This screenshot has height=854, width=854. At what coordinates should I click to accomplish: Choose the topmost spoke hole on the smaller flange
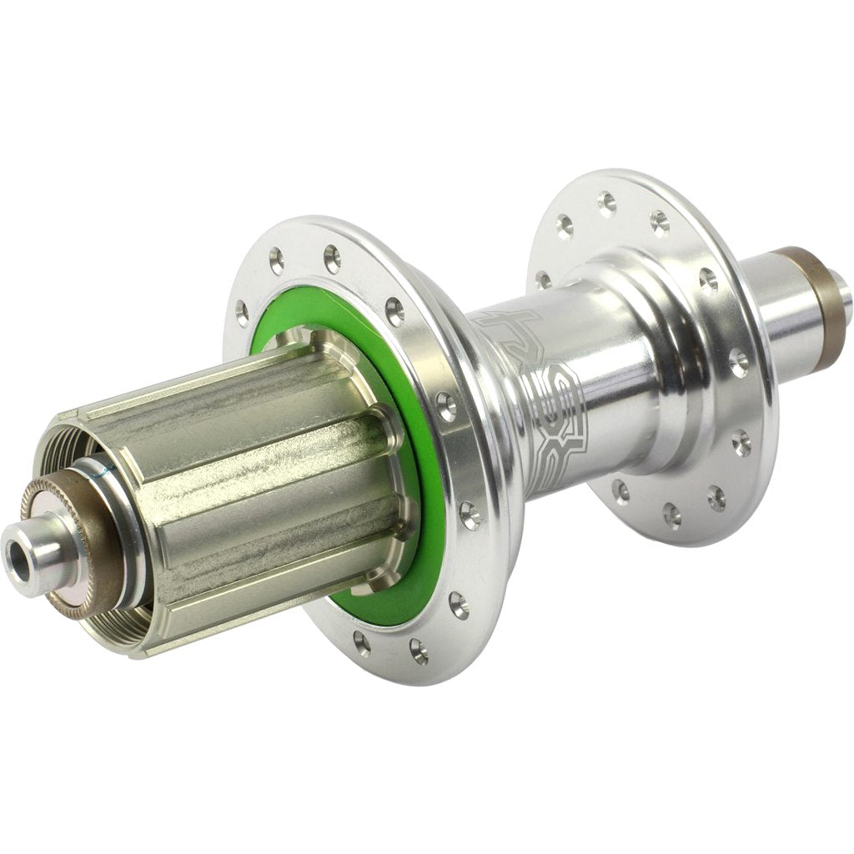(607, 200)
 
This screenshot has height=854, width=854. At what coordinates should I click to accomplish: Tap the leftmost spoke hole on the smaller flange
(545, 279)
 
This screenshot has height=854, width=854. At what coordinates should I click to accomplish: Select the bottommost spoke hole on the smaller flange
(672, 515)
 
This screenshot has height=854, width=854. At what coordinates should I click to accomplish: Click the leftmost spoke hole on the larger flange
(243, 314)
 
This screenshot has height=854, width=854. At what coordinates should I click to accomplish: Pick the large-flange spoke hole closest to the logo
(447, 406)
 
